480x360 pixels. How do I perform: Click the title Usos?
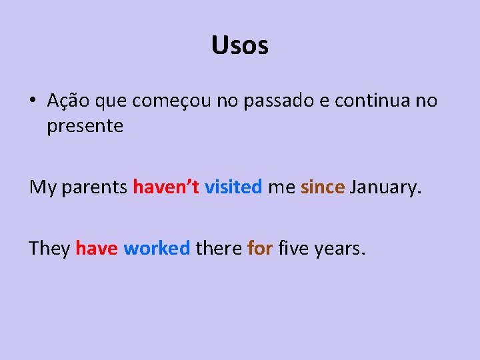pyautogui.click(x=240, y=45)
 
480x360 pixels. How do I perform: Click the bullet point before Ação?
pyautogui.click(x=33, y=101)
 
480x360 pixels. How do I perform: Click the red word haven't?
pyautogui.click(x=166, y=187)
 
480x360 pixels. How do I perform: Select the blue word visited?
pyautogui.click(x=233, y=187)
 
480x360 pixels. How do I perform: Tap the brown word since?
pyautogui.click(x=323, y=187)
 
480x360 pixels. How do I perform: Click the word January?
pyautogui.click(x=386, y=188)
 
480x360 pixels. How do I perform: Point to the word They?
pyautogui.click(x=50, y=249)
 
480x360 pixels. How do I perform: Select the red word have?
pyautogui.click(x=97, y=249)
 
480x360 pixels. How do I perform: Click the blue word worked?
pyautogui.click(x=157, y=249)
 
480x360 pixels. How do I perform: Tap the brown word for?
pyautogui.click(x=260, y=249)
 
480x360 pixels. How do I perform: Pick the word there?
pyautogui.click(x=219, y=249)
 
